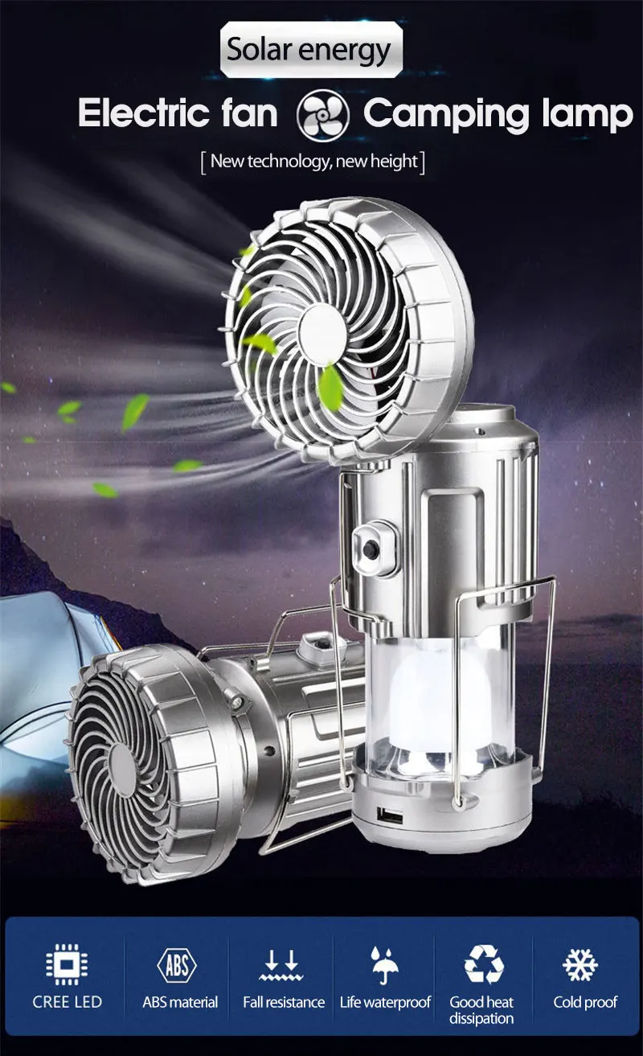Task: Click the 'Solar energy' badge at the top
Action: [311, 49]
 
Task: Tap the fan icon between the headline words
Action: [322, 114]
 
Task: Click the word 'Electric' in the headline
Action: [144, 113]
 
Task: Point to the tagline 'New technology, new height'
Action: [313, 162]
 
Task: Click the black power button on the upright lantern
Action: [371, 549]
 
